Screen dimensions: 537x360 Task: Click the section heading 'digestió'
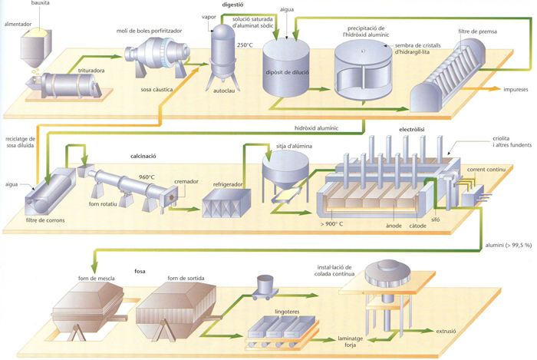232,5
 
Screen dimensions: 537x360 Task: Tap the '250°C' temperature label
245,45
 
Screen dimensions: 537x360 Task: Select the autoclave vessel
223,57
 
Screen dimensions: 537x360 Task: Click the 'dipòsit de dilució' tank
286,68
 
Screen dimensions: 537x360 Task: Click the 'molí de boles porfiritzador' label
150,31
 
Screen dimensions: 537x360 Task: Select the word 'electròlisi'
412,130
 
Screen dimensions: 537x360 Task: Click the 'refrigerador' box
226,203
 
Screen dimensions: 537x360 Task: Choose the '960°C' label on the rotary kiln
147,177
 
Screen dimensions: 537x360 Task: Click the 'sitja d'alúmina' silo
285,177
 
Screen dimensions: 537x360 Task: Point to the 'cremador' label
186,182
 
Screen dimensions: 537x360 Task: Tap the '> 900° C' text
331,224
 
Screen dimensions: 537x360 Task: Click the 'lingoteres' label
287,312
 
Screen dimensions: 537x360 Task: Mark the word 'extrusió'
446,332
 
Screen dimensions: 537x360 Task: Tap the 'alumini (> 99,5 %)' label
508,246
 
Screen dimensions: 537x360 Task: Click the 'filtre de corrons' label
45,220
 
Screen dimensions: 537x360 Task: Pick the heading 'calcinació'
143,156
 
